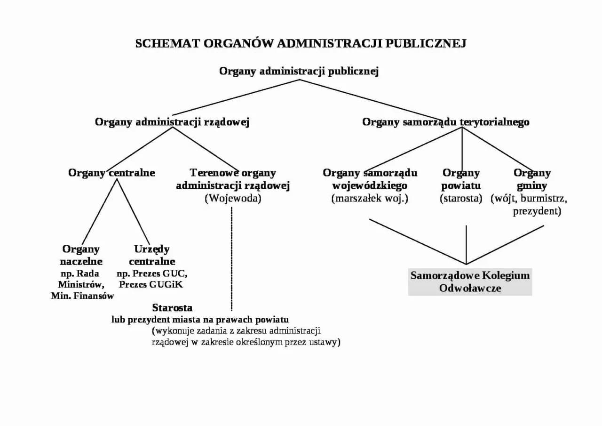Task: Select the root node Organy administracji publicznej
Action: click(x=299, y=71)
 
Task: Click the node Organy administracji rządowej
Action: click(x=172, y=122)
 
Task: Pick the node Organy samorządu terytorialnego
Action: click(x=445, y=122)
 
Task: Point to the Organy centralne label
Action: click(x=111, y=173)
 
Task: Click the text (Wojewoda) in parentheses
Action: click(x=233, y=198)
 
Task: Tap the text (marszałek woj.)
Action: click(x=370, y=198)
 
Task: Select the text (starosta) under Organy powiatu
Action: click(x=461, y=198)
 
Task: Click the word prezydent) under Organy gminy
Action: click(x=537, y=211)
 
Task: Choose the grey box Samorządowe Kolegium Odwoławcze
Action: click(x=470, y=281)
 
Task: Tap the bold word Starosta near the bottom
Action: click(x=172, y=308)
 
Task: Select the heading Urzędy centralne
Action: click(x=152, y=255)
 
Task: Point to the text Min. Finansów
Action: click(x=82, y=296)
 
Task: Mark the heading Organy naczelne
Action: click(x=81, y=255)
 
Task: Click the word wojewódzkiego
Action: click(x=370, y=185)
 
